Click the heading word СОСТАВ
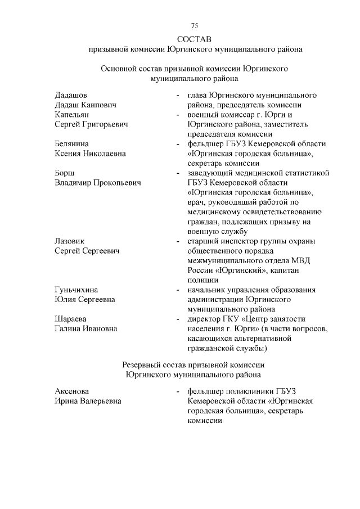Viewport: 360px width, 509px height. [194, 39]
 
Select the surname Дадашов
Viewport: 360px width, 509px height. [71, 94]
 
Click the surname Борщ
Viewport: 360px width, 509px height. [65, 173]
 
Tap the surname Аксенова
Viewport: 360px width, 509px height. [72, 391]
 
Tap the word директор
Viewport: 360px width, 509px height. [204, 319]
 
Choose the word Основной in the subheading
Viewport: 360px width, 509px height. [120, 69]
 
